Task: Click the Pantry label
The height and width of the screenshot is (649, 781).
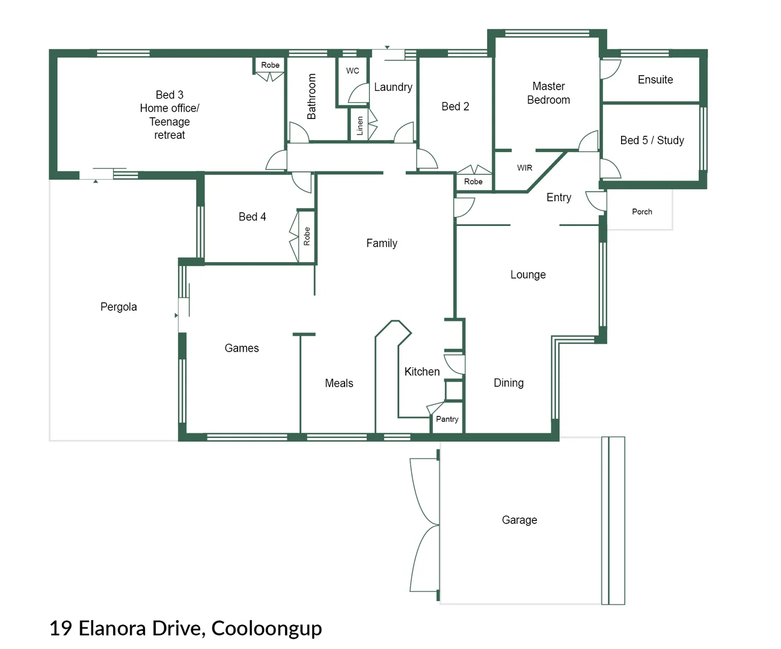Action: coord(447,419)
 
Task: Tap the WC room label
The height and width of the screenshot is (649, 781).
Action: coord(352,71)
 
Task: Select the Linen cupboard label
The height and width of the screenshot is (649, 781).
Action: coord(360,126)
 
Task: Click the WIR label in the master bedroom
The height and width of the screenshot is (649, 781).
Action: coord(524,168)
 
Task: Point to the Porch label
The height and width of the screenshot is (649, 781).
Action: coord(642,212)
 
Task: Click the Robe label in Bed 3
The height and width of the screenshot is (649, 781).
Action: coord(270,65)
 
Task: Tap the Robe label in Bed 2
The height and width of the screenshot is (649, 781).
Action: coord(473,181)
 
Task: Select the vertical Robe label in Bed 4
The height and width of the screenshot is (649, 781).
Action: coord(307,236)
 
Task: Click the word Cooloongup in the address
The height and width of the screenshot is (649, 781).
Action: coord(266,628)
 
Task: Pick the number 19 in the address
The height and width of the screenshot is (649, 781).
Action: coord(61,628)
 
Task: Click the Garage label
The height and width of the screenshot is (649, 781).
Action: coord(519,520)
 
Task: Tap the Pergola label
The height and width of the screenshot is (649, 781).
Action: coord(118,306)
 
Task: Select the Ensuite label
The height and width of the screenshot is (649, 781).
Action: coord(655,79)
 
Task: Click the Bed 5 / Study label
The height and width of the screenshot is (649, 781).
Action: coord(652,140)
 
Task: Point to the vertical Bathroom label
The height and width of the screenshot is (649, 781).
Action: coord(311,96)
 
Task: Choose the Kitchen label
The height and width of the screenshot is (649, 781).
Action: coord(421,371)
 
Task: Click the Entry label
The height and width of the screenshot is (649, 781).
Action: coord(559,197)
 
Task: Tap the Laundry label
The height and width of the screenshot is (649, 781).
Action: coord(393,87)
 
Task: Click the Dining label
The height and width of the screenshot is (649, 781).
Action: coord(508,383)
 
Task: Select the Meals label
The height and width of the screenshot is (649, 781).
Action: coord(338,383)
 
